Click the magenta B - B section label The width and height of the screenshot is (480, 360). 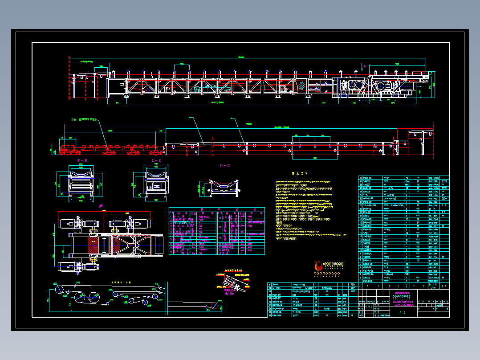[82, 160]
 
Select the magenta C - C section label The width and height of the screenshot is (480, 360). [156, 160]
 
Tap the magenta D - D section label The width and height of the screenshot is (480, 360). [225, 166]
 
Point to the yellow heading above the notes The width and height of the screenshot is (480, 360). [297, 174]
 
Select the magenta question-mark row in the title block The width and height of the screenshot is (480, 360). [402, 297]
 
